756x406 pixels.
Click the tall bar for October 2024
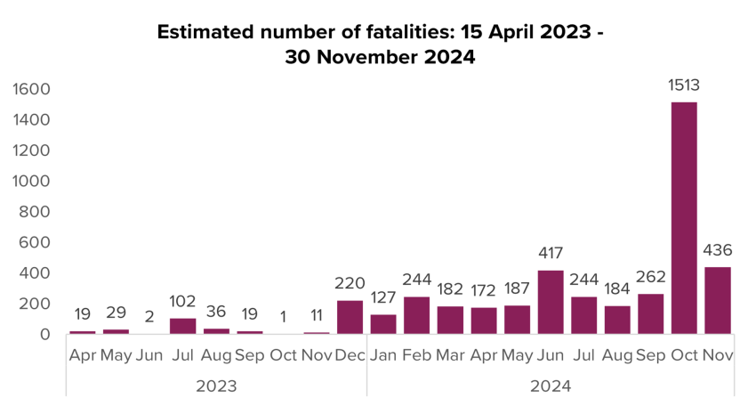click(x=684, y=218)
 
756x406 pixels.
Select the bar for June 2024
click(x=551, y=302)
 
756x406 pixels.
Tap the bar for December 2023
click(x=350, y=317)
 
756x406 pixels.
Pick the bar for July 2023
click(x=183, y=326)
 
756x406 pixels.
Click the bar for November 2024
click(x=717, y=300)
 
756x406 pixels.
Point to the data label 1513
click(x=684, y=86)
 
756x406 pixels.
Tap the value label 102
click(x=183, y=303)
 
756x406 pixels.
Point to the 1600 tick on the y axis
click(x=32, y=89)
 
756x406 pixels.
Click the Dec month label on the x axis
click(x=350, y=356)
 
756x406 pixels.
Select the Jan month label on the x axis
click(x=383, y=356)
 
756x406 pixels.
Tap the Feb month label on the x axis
click(x=416, y=356)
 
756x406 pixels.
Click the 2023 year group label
click(x=216, y=386)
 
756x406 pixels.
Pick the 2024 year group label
click(x=550, y=386)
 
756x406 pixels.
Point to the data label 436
click(x=717, y=251)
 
